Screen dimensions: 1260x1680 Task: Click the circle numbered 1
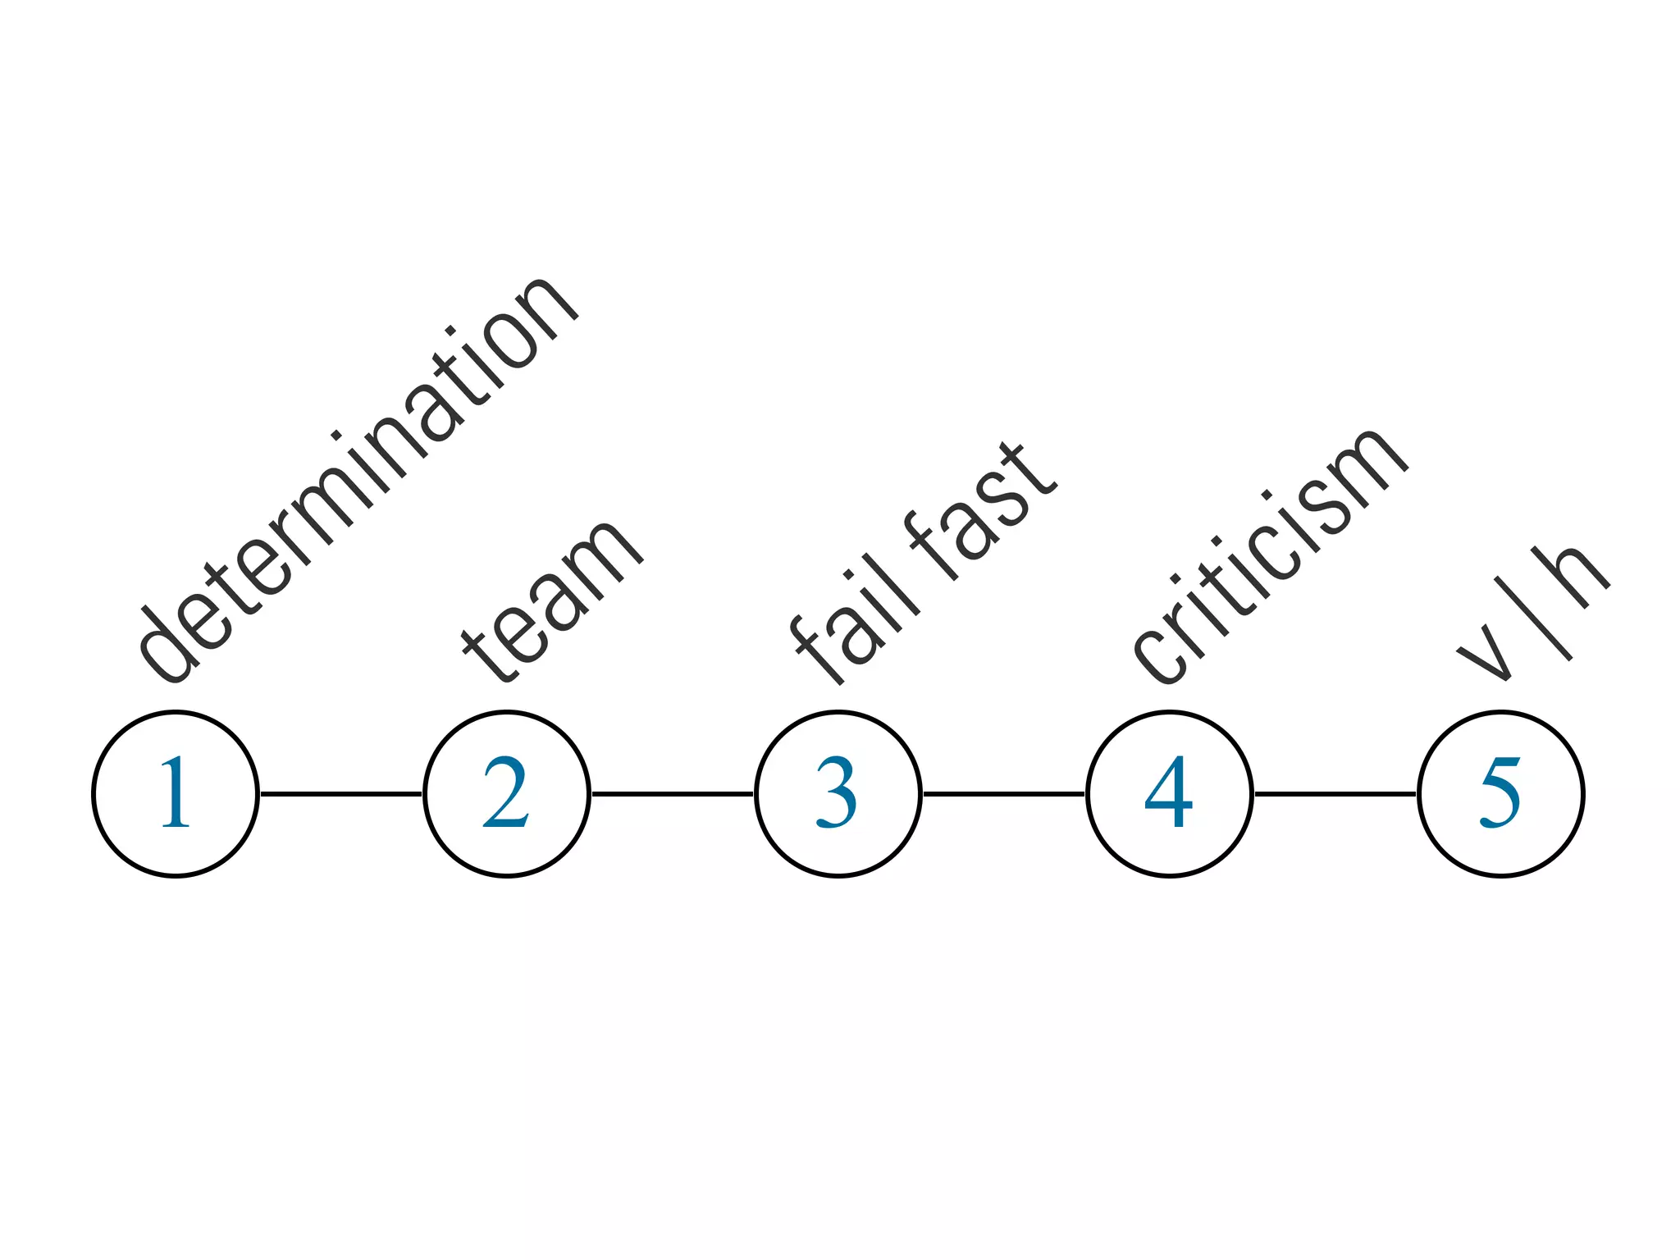[x=176, y=793]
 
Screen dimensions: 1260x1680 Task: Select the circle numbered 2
[x=507, y=793]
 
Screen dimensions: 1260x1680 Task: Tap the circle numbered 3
[x=838, y=793]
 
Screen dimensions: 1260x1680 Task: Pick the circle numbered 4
[x=1169, y=793]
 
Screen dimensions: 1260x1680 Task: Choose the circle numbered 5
[x=1500, y=793]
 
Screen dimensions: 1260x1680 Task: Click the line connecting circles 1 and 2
[x=341, y=793]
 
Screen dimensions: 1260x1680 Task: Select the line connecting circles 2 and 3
[x=673, y=793]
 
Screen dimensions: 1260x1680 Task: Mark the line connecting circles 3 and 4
[x=1003, y=793]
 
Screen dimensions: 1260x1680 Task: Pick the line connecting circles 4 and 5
[x=1335, y=793]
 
